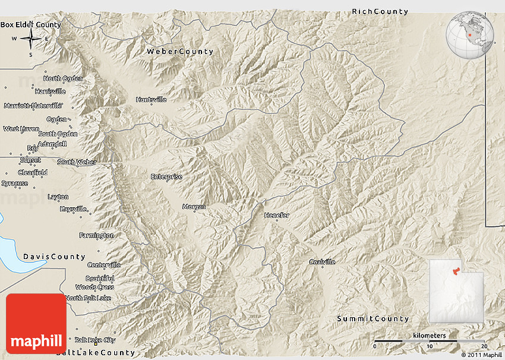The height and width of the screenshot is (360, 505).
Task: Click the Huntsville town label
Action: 151,100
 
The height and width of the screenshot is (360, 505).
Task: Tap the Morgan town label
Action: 194,207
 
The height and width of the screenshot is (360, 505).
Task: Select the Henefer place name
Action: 276,216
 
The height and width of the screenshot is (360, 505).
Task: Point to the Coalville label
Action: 322,262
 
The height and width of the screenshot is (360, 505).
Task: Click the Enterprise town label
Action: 166,176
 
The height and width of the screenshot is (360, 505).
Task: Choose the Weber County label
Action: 180,52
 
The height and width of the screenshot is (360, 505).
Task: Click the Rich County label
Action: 380,12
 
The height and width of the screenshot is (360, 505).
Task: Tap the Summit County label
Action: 373,319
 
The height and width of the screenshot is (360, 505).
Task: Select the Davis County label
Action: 55,257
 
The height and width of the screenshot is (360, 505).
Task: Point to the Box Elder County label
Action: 31,25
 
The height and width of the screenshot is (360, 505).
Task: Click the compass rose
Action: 31,40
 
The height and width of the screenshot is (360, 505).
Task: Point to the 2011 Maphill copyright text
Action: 481,355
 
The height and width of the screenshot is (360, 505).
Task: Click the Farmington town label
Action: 97,236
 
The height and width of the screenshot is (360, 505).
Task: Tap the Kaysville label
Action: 74,209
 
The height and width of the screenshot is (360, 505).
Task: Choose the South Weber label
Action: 74,162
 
